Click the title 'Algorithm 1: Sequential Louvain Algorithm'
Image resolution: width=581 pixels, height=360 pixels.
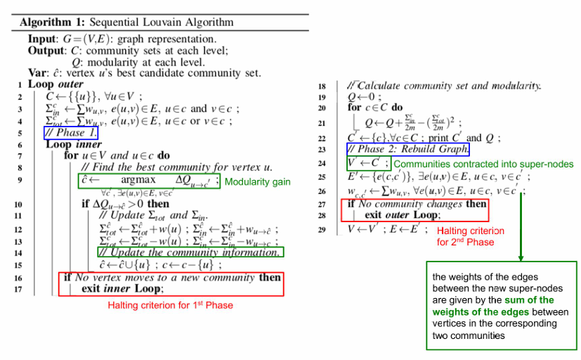(x=126, y=22)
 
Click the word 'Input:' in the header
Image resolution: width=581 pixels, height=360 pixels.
(x=44, y=39)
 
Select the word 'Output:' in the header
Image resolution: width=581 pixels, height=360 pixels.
(x=47, y=51)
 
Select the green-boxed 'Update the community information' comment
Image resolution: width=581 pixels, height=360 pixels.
(x=190, y=252)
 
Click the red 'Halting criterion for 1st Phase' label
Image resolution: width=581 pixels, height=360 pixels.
(x=170, y=305)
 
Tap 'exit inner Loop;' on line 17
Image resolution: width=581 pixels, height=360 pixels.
(x=124, y=288)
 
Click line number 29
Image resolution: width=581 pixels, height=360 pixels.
(x=322, y=230)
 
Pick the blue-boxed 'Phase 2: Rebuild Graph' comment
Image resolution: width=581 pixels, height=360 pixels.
(x=408, y=150)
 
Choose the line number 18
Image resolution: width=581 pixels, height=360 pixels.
(x=322, y=86)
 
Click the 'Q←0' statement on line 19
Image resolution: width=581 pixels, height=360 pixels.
(x=364, y=97)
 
